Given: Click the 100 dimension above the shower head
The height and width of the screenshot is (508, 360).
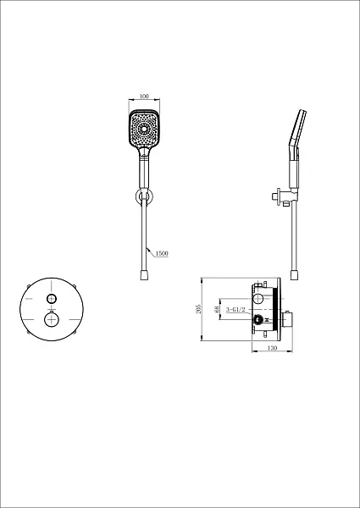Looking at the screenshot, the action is [144, 97].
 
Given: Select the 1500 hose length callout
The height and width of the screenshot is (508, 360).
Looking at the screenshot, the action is [162, 253].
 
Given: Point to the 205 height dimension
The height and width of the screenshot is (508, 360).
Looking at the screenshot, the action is [199, 309].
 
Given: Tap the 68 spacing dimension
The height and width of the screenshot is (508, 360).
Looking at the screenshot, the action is [217, 309].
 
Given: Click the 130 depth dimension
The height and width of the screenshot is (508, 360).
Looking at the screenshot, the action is [273, 348].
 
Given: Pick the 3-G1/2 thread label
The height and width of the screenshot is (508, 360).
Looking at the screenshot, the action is [235, 310].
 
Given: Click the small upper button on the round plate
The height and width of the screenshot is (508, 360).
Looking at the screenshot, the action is [52, 298].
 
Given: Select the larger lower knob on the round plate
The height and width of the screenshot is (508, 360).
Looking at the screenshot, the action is [52, 320].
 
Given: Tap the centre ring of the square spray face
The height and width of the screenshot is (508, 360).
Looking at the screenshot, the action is [143, 129].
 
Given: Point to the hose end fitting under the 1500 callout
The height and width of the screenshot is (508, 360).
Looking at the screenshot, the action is [144, 275].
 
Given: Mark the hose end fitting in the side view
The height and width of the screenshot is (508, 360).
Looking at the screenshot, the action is [294, 275].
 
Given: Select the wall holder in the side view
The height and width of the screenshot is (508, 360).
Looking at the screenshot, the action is [282, 196].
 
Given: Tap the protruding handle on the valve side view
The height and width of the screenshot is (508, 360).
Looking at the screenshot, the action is [287, 319].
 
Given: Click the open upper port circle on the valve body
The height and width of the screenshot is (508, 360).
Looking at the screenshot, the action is [258, 298].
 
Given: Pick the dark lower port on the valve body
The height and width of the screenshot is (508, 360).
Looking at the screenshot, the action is [258, 320].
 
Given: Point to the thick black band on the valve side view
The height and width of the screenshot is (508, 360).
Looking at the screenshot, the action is [276, 309].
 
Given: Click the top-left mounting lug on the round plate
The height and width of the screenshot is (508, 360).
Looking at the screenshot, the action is [29, 286].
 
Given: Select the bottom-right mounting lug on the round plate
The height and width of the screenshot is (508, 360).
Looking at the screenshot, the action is [75, 332].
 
